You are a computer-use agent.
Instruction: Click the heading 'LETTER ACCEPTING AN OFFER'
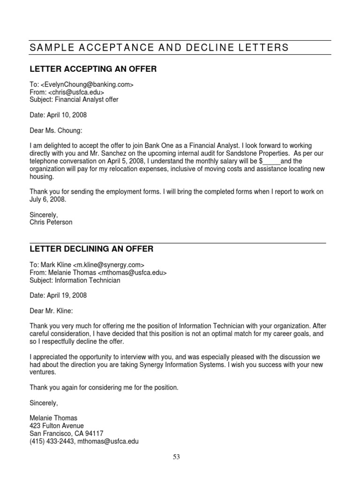coord(93,69)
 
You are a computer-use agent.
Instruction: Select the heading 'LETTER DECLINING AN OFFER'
coord(91,249)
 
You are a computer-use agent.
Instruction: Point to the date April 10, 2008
coord(58,115)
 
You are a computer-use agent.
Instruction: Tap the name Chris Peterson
coord(51,222)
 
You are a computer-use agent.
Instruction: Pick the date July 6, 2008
coord(48,199)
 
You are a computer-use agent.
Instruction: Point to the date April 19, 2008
coord(58,295)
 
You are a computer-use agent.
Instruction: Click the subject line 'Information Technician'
coord(88,280)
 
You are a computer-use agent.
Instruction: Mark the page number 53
coord(176,457)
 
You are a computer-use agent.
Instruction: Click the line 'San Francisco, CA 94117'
coord(66,434)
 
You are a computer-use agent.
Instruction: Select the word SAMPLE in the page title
coord(49,48)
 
